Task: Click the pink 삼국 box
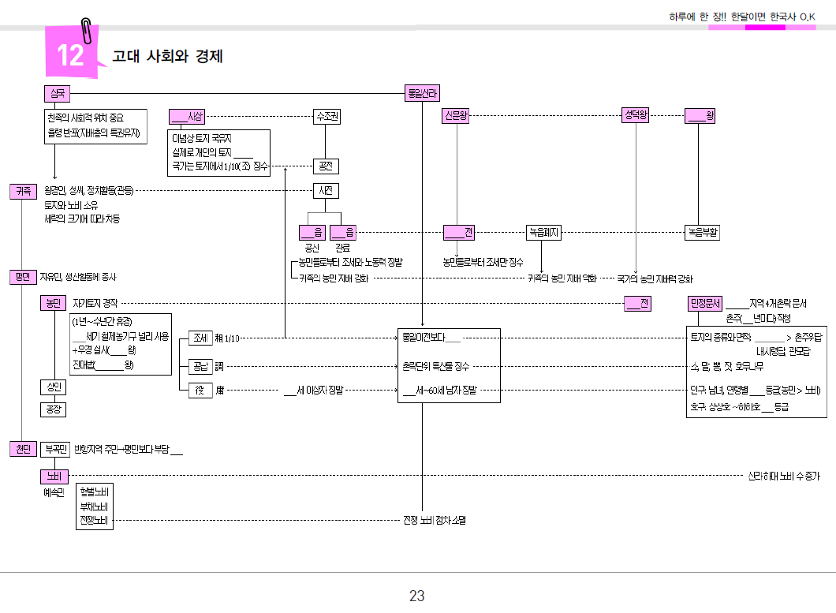(x=57, y=94)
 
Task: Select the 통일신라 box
(x=422, y=94)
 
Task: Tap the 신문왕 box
(x=457, y=116)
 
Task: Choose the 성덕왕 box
(x=636, y=116)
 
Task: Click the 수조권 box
(x=327, y=117)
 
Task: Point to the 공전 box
(x=326, y=166)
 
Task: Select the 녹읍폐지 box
(x=543, y=233)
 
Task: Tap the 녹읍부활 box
(x=702, y=233)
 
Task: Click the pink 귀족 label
(x=23, y=191)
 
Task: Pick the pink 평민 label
(x=23, y=277)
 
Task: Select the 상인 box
(x=53, y=387)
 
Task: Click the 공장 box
(x=53, y=409)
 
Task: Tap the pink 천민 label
(x=23, y=449)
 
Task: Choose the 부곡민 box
(x=55, y=450)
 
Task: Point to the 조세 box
(x=201, y=338)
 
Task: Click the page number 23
(x=417, y=596)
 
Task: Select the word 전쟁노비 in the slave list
(x=95, y=521)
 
